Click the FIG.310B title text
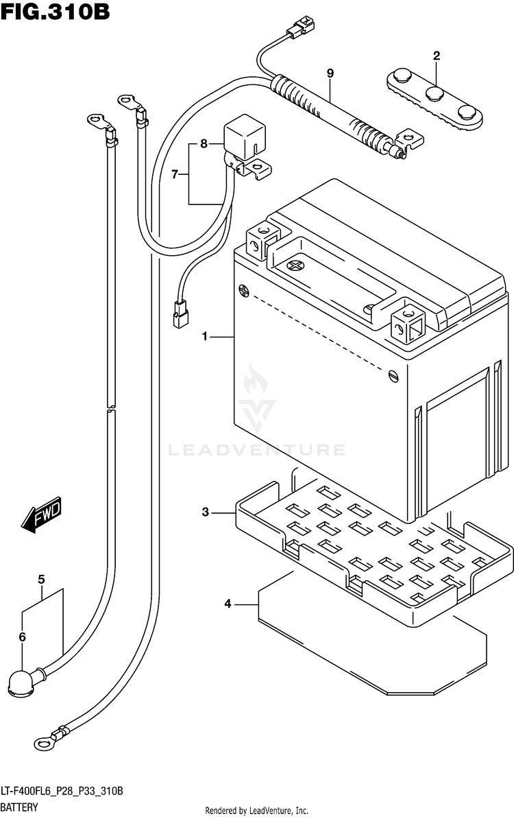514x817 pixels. tap(56, 12)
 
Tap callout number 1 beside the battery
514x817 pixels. tap(206, 337)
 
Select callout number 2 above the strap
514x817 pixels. tap(437, 56)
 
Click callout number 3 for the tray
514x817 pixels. tap(206, 512)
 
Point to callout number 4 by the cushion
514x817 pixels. tap(228, 604)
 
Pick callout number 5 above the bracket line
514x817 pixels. tap(41, 580)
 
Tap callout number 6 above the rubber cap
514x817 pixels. tap(22, 637)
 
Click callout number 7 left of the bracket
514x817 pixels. tap(175, 174)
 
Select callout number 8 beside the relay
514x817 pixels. tap(204, 143)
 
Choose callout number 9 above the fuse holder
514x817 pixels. tap(330, 73)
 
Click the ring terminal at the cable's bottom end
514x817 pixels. tap(45, 744)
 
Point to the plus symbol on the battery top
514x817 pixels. tap(295, 265)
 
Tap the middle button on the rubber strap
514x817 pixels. tap(435, 94)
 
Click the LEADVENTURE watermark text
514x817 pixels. tap(257, 450)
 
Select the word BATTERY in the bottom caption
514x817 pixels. tap(19, 807)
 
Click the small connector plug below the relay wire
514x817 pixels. tap(181, 314)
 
